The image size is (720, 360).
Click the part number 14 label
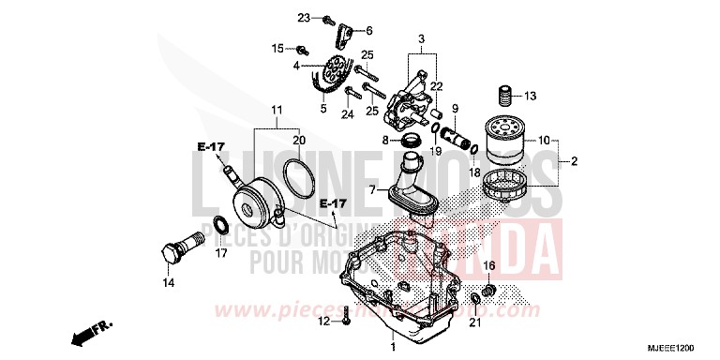point(168,281)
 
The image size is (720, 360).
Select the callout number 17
point(222,252)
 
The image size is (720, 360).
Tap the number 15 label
point(277,48)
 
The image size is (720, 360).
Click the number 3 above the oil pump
point(421,38)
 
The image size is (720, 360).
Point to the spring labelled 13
point(504,96)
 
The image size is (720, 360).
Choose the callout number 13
point(530,96)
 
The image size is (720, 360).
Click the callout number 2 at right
point(575,160)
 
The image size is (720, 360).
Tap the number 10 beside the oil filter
point(544,141)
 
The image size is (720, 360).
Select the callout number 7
point(371,190)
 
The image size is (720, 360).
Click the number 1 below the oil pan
point(393,347)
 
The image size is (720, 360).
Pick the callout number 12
point(322,322)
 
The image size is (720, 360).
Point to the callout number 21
point(473,323)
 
